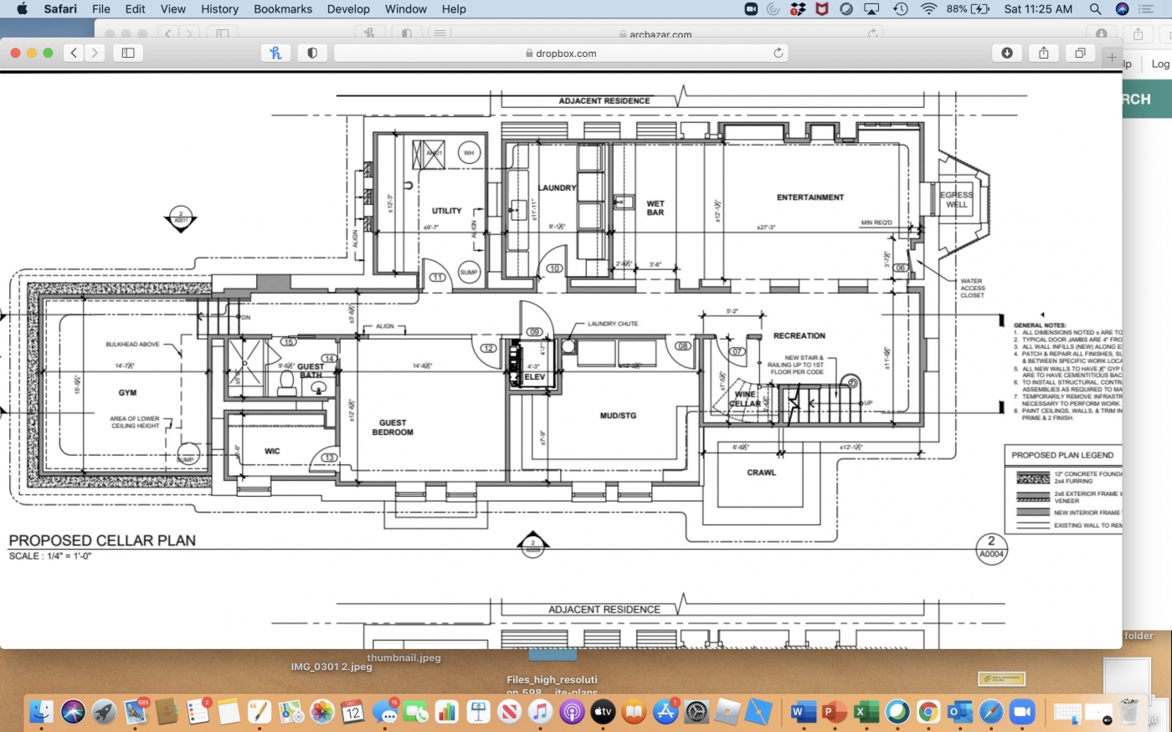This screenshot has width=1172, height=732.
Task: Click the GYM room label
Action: [127, 392]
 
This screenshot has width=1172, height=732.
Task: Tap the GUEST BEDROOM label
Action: [393, 427]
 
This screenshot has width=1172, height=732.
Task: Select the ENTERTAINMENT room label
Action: [810, 197]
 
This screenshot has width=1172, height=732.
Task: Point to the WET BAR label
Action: [655, 207]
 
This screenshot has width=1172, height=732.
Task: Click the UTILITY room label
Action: [446, 211]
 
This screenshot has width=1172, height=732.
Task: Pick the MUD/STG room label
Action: [618, 416]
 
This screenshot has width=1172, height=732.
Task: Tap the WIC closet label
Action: [272, 451]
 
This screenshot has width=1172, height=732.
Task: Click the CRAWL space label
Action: [761, 473]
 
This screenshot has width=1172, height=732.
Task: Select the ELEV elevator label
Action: [534, 377]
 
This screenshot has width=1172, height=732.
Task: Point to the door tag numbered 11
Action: [437, 278]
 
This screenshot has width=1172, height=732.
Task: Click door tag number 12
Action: [488, 348]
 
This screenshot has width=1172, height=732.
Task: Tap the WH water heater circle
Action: [469, 153]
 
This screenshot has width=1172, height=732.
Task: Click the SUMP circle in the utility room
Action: [469, 272]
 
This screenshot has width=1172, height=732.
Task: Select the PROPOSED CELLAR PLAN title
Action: [102, 540]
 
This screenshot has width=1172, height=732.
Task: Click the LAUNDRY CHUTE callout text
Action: [612, 324]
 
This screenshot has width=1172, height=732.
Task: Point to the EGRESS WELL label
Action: [956, 199]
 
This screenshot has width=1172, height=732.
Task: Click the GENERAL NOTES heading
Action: [1040, 325]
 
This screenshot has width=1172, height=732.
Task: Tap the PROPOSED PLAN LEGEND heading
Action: [1062, 455]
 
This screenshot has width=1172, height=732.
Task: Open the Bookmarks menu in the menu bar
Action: [283, 9]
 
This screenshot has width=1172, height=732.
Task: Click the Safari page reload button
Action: [779, 53]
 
